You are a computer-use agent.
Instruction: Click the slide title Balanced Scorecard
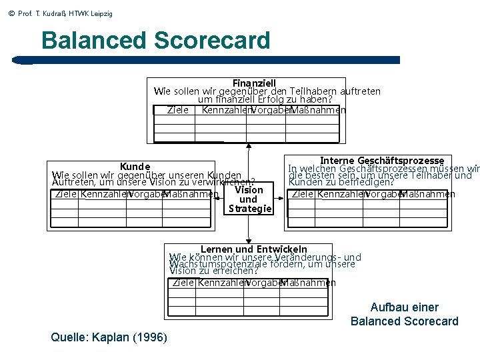155,40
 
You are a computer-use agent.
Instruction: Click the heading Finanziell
254,83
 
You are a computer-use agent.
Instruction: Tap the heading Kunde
135,166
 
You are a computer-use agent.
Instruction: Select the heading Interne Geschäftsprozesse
382,161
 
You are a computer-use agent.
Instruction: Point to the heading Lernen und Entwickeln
254,249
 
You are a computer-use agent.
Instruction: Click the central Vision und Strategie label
249,199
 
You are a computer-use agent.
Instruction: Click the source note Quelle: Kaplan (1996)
109,337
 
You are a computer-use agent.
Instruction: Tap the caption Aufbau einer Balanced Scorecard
405,314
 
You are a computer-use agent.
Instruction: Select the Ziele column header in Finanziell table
177,110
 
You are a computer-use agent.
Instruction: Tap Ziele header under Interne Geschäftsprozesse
303,194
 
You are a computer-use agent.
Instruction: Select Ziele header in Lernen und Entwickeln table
183,283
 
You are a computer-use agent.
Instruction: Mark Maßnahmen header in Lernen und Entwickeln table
307,283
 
